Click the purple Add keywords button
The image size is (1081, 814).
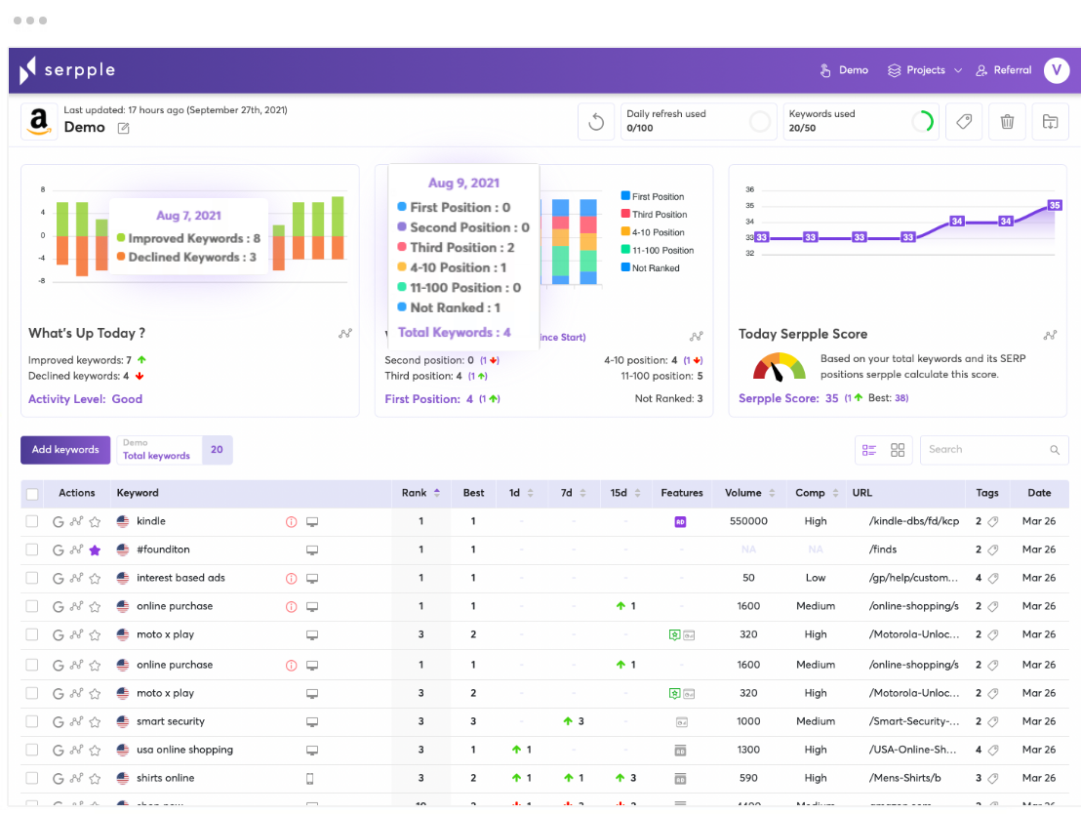(65, 450)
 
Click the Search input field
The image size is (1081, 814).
(985, 450)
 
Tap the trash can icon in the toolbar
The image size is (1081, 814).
(1007, 122)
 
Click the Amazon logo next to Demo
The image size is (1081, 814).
(39, 122)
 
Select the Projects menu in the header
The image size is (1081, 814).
(924, 70)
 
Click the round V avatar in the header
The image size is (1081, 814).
(1056, 70)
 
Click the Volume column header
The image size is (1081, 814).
(743, 493)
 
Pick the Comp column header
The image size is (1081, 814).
(810, 493)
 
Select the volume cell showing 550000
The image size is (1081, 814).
(748, 521)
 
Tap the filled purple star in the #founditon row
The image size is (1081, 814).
(95, 550)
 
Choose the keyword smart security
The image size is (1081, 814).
(171, 721)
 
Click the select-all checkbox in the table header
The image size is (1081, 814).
(32, 494)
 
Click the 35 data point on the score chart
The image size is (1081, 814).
(1054, 205)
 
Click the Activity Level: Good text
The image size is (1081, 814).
(86, 399)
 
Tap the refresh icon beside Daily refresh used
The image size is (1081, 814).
(597, 122)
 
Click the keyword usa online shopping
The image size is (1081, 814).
(184, 750)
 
